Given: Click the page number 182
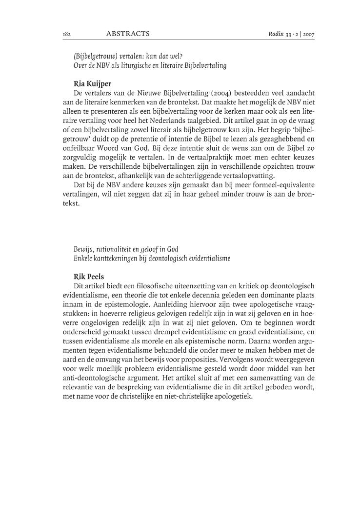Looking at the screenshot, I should click(x=67, y=34).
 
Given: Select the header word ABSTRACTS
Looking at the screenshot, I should click(x=127, y=34).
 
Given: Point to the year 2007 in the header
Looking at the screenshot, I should click(x=308, y=34).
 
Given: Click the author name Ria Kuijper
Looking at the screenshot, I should click(x=93, y=83).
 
